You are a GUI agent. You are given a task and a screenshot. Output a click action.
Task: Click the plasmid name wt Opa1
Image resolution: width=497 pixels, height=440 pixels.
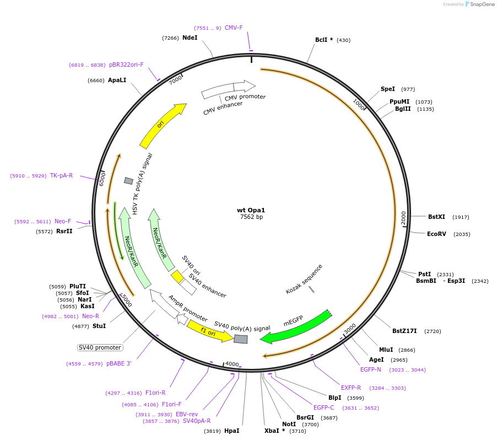click(x=251, y=210)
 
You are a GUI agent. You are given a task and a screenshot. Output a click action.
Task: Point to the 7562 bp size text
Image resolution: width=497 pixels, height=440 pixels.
click(x=251, y=217)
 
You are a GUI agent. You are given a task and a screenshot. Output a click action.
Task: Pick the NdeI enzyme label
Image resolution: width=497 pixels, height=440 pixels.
click(x=190, y=38)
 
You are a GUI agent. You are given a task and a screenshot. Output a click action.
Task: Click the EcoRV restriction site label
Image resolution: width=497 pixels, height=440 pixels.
click(x=436, y=234)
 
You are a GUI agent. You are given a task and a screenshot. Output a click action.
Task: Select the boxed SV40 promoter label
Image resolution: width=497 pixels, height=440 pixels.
click(x=100, y=347)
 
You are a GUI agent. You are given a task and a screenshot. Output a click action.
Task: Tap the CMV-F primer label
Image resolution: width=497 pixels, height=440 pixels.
click(x=234, y=28)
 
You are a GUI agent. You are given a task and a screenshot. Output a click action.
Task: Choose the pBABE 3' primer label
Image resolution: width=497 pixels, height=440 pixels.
click(x=118, y=363)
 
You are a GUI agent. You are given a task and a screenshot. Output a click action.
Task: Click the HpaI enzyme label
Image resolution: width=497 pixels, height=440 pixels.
click(x=231, y=431)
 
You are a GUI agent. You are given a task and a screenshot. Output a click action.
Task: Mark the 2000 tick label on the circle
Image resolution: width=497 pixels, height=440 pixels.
click(x=403, y=218)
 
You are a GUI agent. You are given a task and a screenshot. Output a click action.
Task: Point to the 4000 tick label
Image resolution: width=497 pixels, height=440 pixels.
click(x=232, y=364)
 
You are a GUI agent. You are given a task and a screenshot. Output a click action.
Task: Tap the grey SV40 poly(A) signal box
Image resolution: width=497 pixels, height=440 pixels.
click(x=240, y=339)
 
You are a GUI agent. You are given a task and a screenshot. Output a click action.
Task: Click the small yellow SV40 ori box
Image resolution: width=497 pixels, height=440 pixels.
click(x=177, y=276)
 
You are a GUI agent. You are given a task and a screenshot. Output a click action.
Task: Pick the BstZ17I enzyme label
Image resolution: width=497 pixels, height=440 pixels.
click(x=404, y=331)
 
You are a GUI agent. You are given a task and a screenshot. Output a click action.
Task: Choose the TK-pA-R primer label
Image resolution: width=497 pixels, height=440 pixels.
click(x=61, y=175)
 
